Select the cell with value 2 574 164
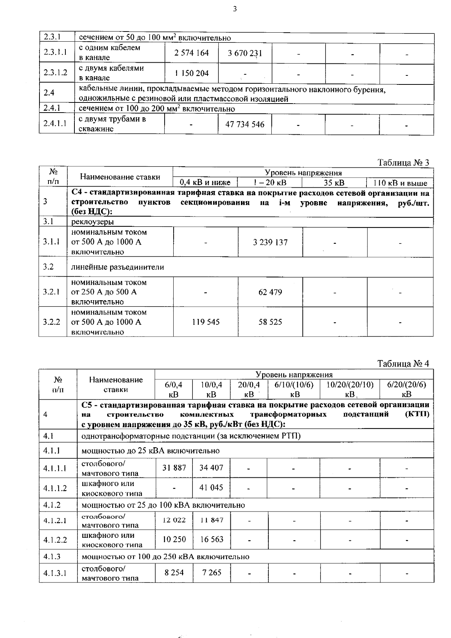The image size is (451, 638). (x=192, y=53)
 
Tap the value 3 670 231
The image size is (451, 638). (x=245, y=53)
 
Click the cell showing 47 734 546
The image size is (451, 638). (x=245, y=124)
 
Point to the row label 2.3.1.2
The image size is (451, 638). (x=55, y=73)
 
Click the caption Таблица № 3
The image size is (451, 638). (x=403, y=163)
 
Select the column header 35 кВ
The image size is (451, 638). (x=334, y=183)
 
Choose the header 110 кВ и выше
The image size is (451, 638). (x=400, y=183)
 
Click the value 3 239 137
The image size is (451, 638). (x=270, y=242)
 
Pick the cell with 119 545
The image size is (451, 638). (x=206, y=322)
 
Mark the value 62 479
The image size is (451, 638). (x=270, y=292)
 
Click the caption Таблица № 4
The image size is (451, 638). (x=403, y=363)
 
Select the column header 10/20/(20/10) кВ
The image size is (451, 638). (x=350, y=389)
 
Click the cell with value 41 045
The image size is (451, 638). (x=212, y=488)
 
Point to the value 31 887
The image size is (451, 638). (x=174, y=468)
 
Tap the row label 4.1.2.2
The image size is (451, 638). (x=55, y=540)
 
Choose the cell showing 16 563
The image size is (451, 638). (x=212, y=539)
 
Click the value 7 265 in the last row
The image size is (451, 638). (x=212, y=573)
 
